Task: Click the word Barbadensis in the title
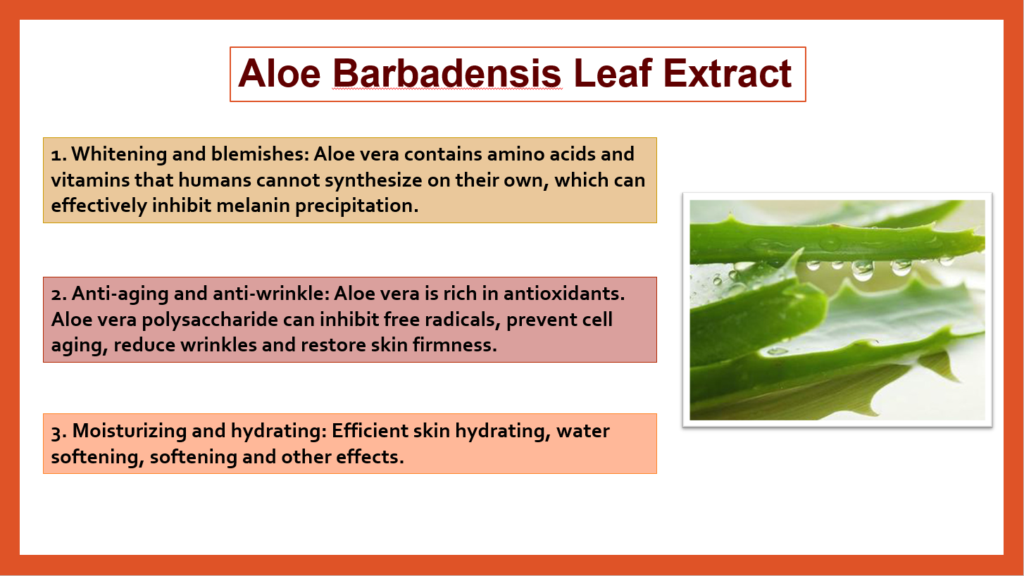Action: click(x=447, y=73)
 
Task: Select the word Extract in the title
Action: click(x=728, y=73)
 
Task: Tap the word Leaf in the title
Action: click(x=613, y=73)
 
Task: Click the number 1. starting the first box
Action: click(x=59, y=155)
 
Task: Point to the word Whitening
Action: click(x=119, y=154)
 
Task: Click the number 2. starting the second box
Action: click(x=59, y=294)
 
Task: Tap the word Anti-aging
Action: click(x=120, y=294)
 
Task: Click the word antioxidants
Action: click(x=564, y=294)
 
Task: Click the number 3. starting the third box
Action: click(x=59, y=432)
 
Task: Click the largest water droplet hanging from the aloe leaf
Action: click(x=863, y=270)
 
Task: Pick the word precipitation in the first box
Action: click(x=356, y=206)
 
